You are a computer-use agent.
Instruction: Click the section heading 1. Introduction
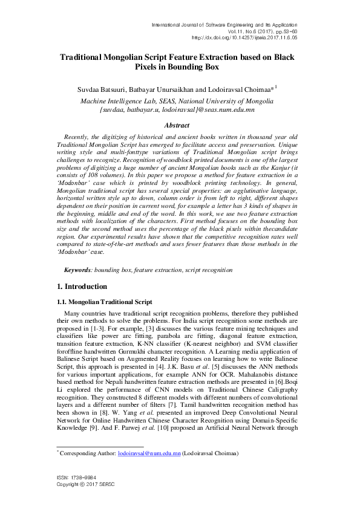81,286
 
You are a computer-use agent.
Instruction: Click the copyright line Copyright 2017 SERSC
85,501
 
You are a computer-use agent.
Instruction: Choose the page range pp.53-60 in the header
282,30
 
